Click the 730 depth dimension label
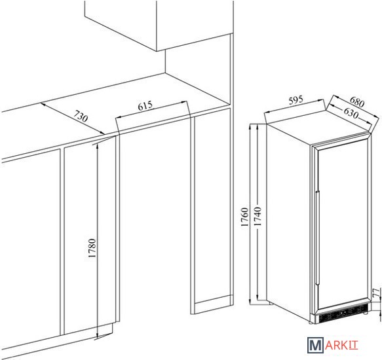(81, 116)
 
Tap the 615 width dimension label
(145, 105)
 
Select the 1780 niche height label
(92, 248)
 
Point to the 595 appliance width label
(296, 100)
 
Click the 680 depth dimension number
(357, 102)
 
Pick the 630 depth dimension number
(351, 113)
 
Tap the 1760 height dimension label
(244, 217)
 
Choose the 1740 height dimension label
(258, 216)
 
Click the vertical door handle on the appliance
(317, 238)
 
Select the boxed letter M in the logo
(315, 345)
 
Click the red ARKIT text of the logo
(341, 346)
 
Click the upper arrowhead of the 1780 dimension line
(97, 146)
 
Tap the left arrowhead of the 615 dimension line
(118, 118)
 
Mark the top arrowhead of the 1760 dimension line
(250, 127)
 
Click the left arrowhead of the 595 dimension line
(267, 112)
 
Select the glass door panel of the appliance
(342, 223)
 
